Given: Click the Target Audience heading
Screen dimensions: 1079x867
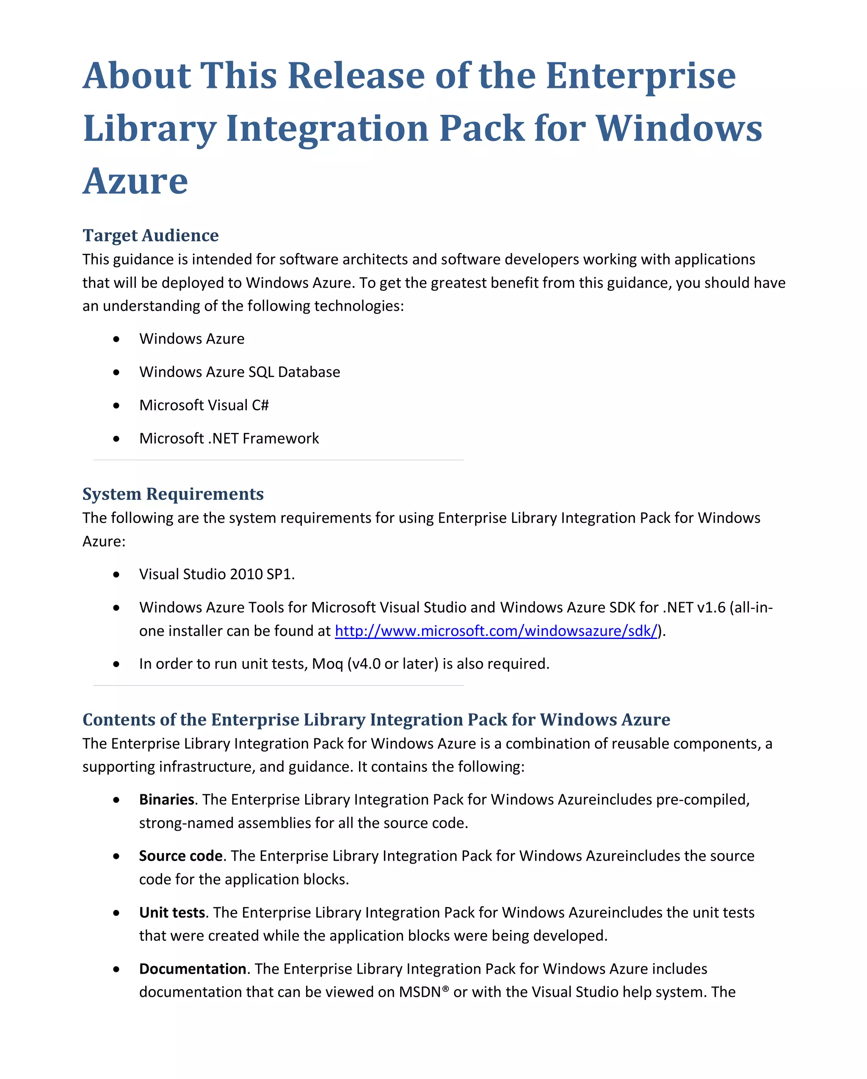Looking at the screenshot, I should (150, 235).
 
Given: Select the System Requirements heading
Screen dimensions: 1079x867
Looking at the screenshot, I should (173, 494).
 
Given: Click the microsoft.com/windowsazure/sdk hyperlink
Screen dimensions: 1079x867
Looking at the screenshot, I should (496, 630).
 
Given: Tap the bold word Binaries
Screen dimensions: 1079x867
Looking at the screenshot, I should (166, 799).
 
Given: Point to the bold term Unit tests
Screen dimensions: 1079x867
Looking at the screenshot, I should (172, 912).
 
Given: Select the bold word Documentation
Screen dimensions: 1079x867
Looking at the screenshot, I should (192, 969).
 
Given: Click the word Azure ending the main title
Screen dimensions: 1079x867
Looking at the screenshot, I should (135, 181).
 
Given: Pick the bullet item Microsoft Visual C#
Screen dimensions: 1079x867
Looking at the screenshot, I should (204, 405).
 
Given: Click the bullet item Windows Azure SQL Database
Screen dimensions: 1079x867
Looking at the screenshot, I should (239, 372).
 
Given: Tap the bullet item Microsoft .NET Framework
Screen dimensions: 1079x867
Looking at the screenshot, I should (229, 438).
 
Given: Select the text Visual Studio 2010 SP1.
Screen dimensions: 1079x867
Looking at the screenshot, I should (217, 574).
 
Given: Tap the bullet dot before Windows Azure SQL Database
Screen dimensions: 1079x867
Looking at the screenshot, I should (116, 372).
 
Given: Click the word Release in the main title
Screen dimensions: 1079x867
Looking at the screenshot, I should (356, 76).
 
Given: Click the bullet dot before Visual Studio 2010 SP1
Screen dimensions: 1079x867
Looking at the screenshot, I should (116, 575).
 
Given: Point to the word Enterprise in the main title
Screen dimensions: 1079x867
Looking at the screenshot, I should (640, 76).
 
